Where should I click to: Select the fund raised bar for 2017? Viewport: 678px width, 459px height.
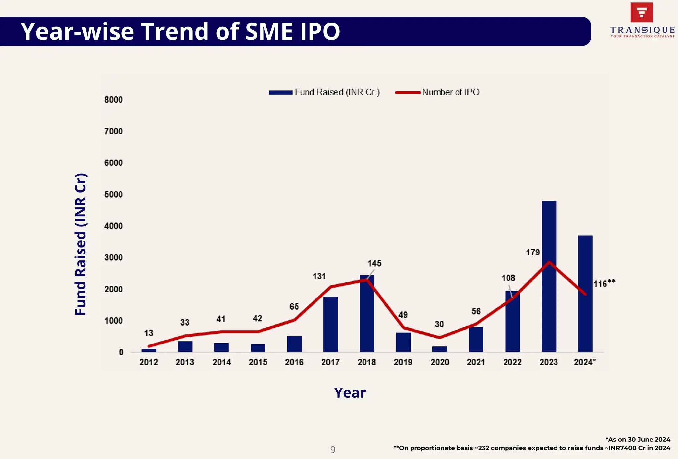point(330,324)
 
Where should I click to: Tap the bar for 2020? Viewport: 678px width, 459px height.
point(439,349)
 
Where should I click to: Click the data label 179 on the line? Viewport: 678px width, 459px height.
point(533,252)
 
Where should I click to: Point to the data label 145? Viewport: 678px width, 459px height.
point(374,264)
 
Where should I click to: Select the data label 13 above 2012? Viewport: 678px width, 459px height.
point(149,333)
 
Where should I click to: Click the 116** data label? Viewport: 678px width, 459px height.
point(604,284)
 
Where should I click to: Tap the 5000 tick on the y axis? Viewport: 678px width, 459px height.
point(114,195)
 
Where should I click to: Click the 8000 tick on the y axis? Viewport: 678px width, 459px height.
point(114,100)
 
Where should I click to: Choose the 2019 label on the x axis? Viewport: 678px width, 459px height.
point(403,362)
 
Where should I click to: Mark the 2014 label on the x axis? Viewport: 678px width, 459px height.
point(221,362)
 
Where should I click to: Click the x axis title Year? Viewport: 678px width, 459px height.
point(350,393)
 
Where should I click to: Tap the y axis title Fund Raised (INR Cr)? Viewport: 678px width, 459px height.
point(81,244)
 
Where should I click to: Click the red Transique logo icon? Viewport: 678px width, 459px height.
point(642,13)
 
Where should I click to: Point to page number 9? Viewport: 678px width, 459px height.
point(333,450)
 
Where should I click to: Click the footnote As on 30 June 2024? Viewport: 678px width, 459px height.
point(638,440)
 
